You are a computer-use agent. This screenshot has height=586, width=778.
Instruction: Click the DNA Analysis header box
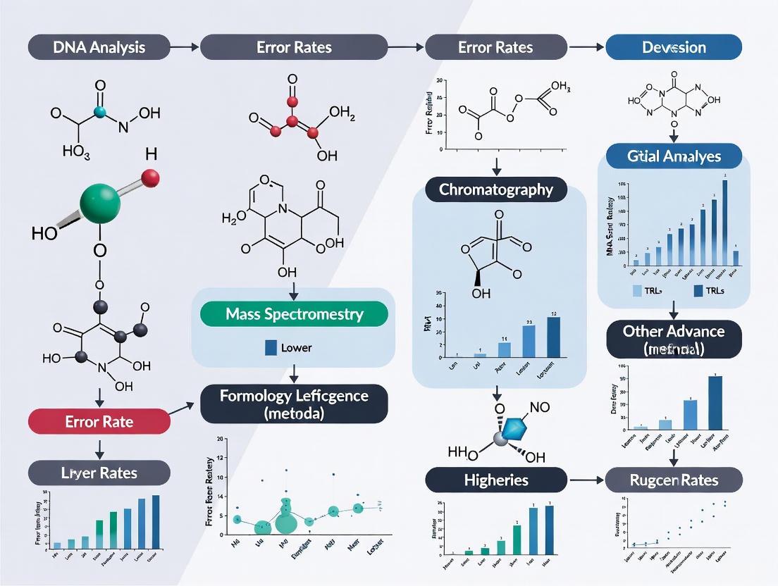(99, 48)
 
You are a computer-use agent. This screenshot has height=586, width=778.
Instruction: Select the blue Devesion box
(674, 48)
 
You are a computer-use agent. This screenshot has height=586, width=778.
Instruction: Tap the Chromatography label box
(496, 189)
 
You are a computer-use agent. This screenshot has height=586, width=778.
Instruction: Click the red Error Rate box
(99, 422)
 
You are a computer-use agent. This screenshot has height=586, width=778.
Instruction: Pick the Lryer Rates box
(99, 473)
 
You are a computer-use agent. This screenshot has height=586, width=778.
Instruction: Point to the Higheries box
(496, 480)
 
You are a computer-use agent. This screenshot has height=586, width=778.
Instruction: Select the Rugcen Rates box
(674, 480)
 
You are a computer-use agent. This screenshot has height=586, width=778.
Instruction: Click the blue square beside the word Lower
(270, 347)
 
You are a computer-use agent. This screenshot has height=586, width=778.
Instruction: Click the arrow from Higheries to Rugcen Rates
(586, 480)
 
